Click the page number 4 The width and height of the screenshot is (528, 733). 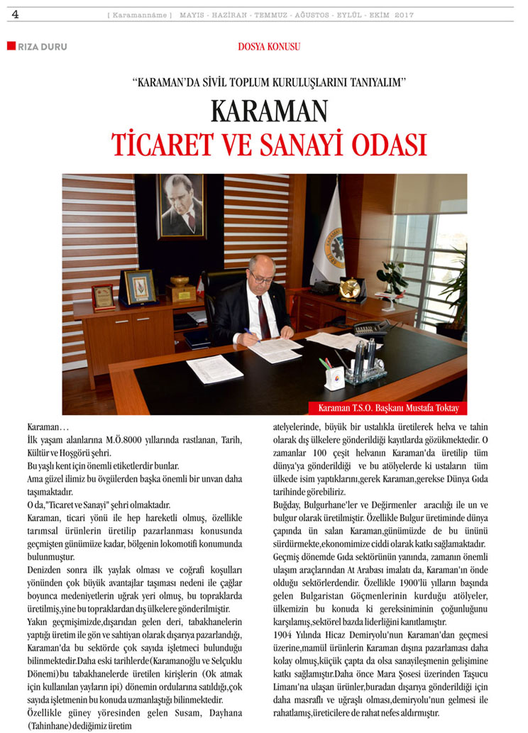15,14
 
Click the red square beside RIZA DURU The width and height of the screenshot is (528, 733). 11,47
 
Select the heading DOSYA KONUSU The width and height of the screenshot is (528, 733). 269,48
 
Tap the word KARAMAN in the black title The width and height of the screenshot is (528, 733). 269,111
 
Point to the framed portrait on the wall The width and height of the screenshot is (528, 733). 182,206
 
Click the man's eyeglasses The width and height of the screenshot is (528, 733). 260,277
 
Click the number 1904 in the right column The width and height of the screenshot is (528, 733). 286,629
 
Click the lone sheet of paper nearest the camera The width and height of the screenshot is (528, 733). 214,369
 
